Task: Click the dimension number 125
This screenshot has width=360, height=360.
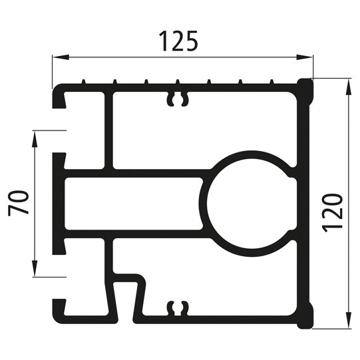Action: click(179, 41)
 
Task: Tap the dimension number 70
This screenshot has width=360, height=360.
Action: click(19, 203)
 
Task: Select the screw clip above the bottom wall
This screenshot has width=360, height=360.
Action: click(176, 307)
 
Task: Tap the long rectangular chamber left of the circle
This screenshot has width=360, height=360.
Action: click(133, 204)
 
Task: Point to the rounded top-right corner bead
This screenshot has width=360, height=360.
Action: click(305, 90)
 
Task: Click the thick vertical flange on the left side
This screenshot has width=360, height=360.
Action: click(59, 203)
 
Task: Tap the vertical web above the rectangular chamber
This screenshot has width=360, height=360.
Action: click(108, 130)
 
